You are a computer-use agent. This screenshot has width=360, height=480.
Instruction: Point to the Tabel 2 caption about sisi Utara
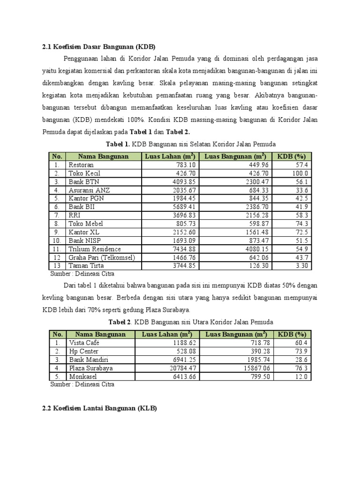[x=190, y=322]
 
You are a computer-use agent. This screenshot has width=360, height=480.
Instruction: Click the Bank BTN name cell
[x=84, y=181]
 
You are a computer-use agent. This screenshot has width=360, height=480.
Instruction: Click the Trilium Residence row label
[x=95, y=249]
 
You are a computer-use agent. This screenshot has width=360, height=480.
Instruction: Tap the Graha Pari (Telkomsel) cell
[x=102, y=257]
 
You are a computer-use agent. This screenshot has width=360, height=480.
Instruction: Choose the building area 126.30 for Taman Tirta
[x=256, y=266]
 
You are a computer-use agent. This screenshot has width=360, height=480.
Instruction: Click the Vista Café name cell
[x=84, y=343]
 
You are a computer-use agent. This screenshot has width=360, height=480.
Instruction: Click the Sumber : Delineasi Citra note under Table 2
[x=82, y=384]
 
